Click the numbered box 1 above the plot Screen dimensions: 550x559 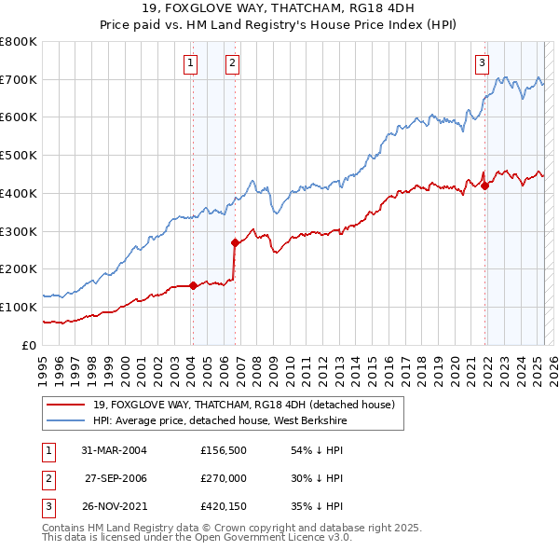tap(190, 63)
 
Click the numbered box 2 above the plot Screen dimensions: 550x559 tap(232, 63)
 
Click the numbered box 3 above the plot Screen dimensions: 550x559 tap(482, 63)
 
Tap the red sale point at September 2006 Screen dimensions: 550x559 tap(235, 242)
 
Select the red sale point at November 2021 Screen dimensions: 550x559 tap(485, 186)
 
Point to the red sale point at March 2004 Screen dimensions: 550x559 tap(193, 285)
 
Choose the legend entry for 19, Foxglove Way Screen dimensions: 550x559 tap(244, 405)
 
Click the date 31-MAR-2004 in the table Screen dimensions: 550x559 tap(115, 450)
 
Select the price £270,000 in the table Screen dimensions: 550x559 tap(224, 478)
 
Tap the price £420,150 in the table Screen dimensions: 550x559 tap(224, 506)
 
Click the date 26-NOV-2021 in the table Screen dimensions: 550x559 tap(115, 506)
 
